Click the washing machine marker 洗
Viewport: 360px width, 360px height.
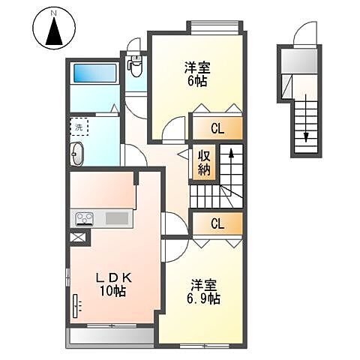79,127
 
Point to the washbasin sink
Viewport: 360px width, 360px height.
78,155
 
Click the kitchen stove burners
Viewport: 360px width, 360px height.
82,219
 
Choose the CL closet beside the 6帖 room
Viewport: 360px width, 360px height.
217,128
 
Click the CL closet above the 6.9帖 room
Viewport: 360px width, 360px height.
217,223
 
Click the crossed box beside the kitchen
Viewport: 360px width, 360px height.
77,238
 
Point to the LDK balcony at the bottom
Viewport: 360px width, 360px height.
112,335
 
